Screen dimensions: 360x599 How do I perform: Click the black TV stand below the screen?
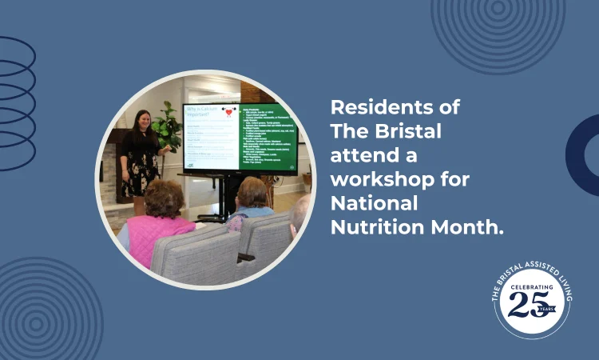(216, 196)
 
